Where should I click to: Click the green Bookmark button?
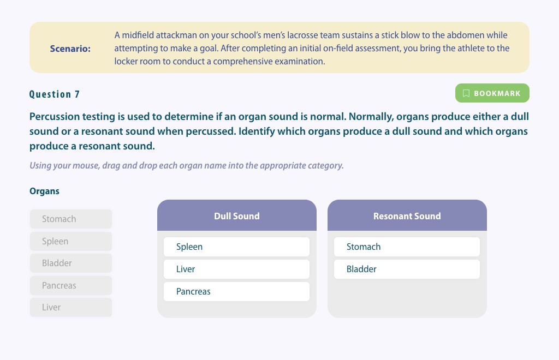pos(492,93)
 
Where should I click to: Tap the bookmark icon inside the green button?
pos(466,93)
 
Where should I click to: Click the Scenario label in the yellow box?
pos(70,49)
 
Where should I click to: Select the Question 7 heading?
pos(55,94)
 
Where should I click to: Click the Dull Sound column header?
pos(237,215)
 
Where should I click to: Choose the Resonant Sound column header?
pos(407,215)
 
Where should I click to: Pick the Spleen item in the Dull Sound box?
pos(236,247)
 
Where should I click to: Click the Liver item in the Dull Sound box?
pos(236,269)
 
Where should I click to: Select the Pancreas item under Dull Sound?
pos(236,292)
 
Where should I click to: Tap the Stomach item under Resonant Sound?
pos(407,247)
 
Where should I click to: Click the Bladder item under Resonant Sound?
pos(407,269)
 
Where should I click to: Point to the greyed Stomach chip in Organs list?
pos(71,219)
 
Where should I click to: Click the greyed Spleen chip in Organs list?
pos(71,241)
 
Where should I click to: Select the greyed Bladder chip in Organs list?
pos(71,263)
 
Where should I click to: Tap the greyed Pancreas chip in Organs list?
pos(71,286)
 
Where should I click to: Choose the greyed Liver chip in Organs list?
pos(71,307)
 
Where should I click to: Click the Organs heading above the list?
pos(44,191)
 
